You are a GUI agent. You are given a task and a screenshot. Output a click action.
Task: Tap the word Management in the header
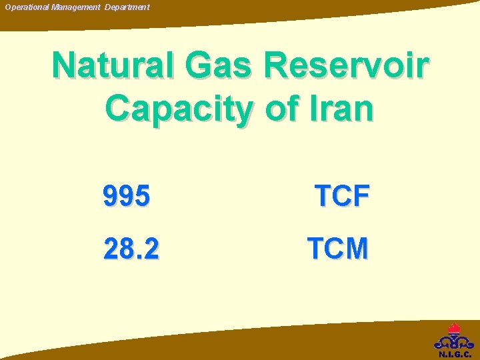[76, 7]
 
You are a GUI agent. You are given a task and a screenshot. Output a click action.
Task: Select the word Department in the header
[127, 7]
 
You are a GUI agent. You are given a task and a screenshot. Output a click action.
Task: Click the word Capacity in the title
[178, 109]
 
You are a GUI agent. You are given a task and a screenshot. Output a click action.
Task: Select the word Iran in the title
[342, 109]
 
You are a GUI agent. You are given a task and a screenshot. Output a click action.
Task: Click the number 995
[127, 196]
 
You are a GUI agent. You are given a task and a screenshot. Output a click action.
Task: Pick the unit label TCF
[342, 196]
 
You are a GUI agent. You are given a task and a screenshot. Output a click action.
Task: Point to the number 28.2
[131, 249]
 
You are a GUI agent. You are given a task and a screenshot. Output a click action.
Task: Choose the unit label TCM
[337, 249]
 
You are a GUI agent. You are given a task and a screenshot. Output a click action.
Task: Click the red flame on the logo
[454, 329]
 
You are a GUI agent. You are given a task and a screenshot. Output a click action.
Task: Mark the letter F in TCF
[361, 196]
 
